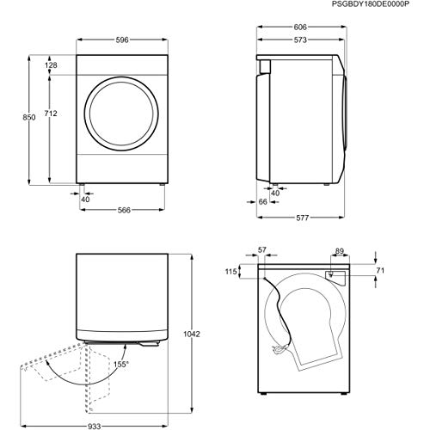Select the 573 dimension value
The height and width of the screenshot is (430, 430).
tap(300, 40)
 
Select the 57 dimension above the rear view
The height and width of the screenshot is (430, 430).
tap(261, 251)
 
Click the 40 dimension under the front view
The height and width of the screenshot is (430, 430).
tap(85, 199)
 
